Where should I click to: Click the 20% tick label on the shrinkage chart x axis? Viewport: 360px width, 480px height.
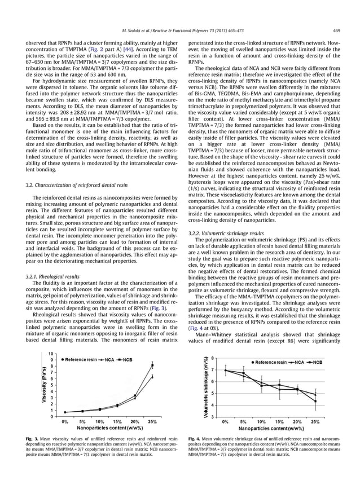point(296,421)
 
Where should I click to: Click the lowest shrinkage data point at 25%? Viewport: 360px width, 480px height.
point(315,402)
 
